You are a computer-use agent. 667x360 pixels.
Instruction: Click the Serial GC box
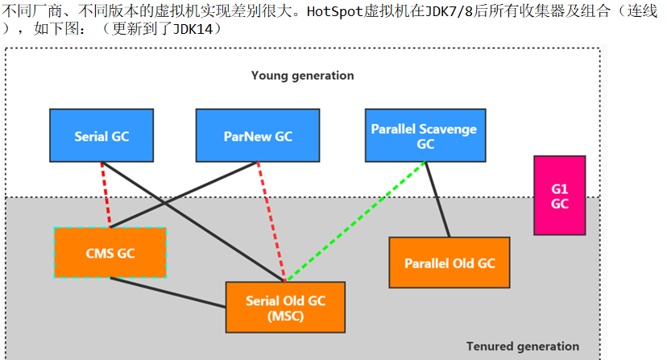[101, 136]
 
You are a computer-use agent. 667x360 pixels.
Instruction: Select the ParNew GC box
[258, 136]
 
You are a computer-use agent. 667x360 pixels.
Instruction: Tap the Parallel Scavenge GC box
[425, 136]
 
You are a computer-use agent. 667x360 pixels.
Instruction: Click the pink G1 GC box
[559, 196]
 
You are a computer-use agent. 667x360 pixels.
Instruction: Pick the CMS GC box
[110, 253]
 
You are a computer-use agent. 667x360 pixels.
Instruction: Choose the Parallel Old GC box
[449, 263]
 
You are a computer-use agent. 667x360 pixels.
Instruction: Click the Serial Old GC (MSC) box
[284, 307]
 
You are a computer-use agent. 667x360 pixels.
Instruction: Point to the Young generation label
[302, 76]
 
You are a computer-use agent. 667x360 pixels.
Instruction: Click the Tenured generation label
[522, 346]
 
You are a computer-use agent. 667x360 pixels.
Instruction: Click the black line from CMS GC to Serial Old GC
[168, 292]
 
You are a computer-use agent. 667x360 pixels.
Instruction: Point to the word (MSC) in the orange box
[284, 315]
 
